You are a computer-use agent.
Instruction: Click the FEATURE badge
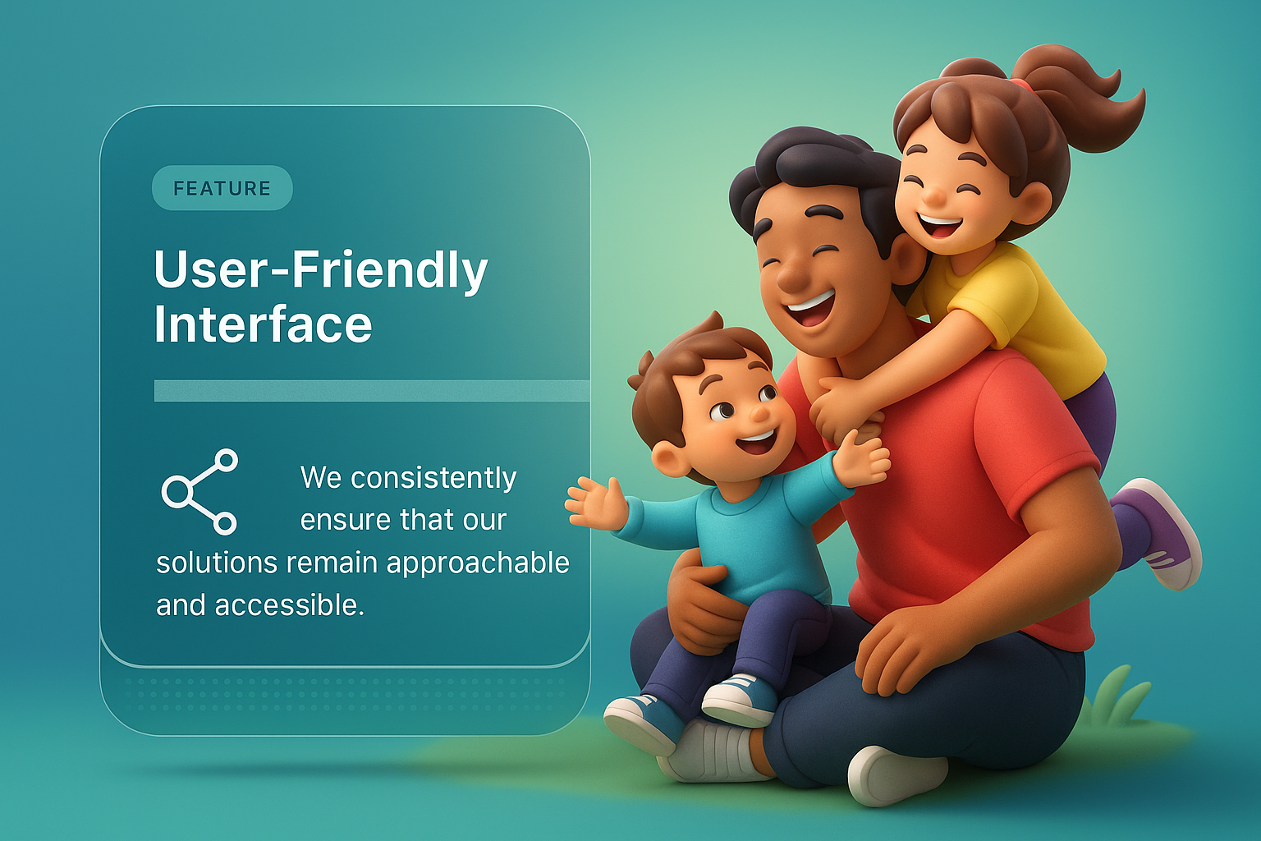point(222,187)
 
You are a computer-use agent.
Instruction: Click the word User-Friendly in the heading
point(321,270)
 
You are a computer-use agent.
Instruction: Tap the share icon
point(199,492)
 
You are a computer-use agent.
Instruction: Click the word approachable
point(479,563)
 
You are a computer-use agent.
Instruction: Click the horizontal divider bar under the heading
point(372,391)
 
